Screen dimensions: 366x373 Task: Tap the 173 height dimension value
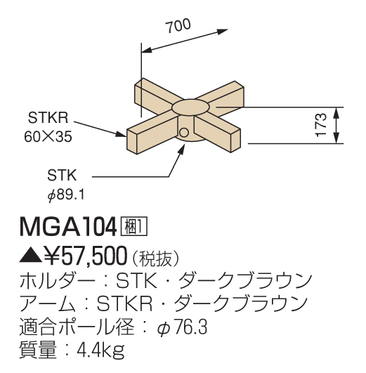click(x=321, y=125)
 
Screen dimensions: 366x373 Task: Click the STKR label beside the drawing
click(x=48, y=117)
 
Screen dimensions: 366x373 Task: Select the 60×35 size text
click(x=48, y=136)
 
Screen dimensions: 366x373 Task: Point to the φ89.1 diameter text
click(x=66, y=195)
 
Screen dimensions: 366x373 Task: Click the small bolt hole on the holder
click(x=184, y=133)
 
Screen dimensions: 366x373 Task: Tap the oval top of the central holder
click(x=191, y=108)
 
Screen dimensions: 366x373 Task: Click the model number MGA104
click(x=68, y=228)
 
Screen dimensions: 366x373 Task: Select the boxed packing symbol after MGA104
click(x=134, y=226)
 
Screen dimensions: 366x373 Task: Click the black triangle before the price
click(x=31, y=256)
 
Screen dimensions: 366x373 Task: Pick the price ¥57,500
click(x=86, y=256)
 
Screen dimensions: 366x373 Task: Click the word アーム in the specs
click(x=48, y=303)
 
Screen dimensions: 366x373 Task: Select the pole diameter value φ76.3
click(x=182, y=327)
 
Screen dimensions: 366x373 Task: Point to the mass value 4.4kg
click(x=101, y=350)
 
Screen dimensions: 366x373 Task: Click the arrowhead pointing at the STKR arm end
click(x=121, y=134)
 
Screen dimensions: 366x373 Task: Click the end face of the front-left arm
click(x=132, y=141)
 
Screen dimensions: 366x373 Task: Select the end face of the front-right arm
click(x=235, y=140)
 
